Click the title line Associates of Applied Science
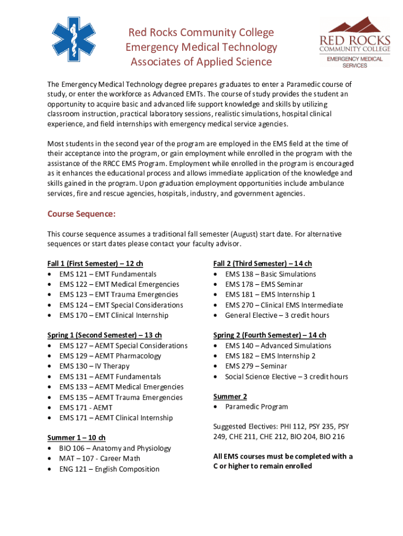(x=201, y=62)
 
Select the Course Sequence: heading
(x=81, y=214)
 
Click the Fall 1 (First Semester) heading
(x=95, y=264)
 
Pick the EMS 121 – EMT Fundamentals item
(x=108, y=274)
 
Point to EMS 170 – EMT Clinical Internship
(x=114, y=315)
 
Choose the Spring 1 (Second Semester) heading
(x=105, y=336)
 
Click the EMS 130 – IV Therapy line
(x=94, y=366)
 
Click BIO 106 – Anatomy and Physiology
(x=115, y=449)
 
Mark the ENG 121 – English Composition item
(x=109, y=469)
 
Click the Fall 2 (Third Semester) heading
(x=262, y=264)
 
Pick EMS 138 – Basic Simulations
(x=271, y=274)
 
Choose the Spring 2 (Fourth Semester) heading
(x=270, y=336)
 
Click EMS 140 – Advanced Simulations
(x=278, y=346)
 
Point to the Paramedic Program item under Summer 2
(x=256, y=407)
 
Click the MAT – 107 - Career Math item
(x=100, y=459)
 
